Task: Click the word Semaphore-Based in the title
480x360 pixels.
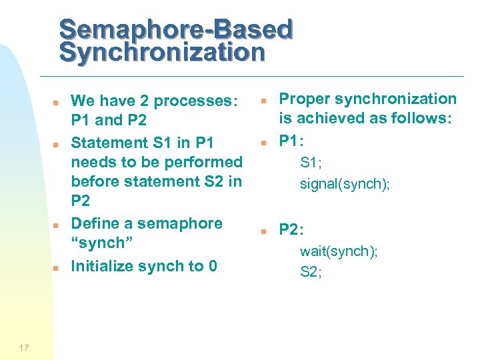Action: click(176, 29)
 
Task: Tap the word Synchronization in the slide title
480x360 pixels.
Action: click(162, 52)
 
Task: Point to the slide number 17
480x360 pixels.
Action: click(24, 347)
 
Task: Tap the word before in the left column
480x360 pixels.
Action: click(96, 181)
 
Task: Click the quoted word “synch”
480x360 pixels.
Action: click(98, 243)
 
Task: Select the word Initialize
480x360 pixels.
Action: click(103, 266)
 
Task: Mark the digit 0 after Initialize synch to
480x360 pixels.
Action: click(213, 266)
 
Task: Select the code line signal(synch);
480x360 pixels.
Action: click(345, 184)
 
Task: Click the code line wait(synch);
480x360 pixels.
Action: click(339, 251)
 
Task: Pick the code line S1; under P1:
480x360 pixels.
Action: click(311, 162)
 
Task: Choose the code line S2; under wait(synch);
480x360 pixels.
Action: click(311, 271)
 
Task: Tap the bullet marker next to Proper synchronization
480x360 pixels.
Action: click(264, 101)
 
